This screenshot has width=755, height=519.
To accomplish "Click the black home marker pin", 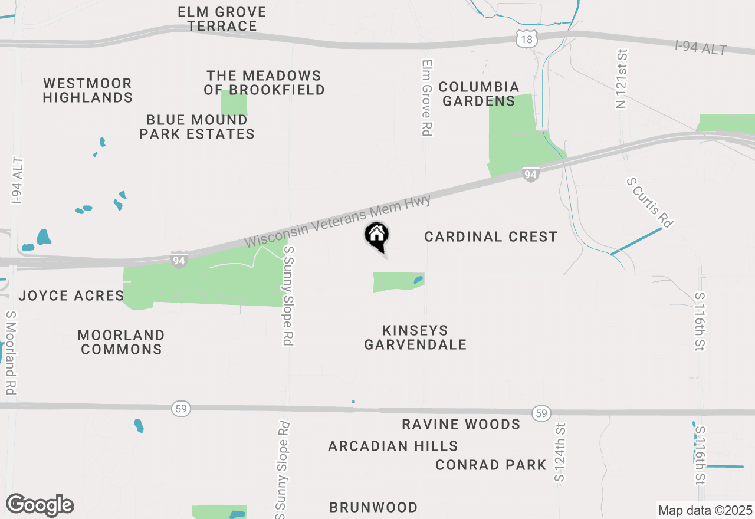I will tap(377, 236).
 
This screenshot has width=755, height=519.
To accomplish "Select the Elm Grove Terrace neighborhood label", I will tap(222, 19).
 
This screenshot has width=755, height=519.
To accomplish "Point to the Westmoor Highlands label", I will tap(87, 90).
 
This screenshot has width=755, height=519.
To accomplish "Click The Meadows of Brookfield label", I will tap(264, 83).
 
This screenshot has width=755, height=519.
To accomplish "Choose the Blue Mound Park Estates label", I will tap(197, 127).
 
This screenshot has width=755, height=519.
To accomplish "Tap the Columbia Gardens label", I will tap(478, 94).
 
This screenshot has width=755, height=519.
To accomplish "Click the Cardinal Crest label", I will tap(491, 236).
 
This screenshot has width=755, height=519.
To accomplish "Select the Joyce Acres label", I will tap(71, 295).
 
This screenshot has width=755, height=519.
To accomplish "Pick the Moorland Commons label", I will tap(121, 342).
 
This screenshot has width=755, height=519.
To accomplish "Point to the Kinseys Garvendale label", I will tap(415, 337).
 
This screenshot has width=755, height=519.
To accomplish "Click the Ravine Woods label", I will tap(461, 424).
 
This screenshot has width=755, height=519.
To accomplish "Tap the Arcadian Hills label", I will tap(393, 446).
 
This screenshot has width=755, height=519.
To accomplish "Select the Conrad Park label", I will tap(491, 465).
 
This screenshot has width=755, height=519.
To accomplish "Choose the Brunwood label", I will tap(373, 507).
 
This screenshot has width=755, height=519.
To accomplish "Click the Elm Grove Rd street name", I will tap(428, 98).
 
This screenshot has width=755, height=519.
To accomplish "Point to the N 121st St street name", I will tap(621, 79).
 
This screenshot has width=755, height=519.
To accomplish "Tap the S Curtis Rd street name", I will tap(649, 203).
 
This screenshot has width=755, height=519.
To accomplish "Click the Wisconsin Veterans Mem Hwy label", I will tap(337, 222).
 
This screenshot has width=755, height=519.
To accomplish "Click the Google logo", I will tap(40, 505).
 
